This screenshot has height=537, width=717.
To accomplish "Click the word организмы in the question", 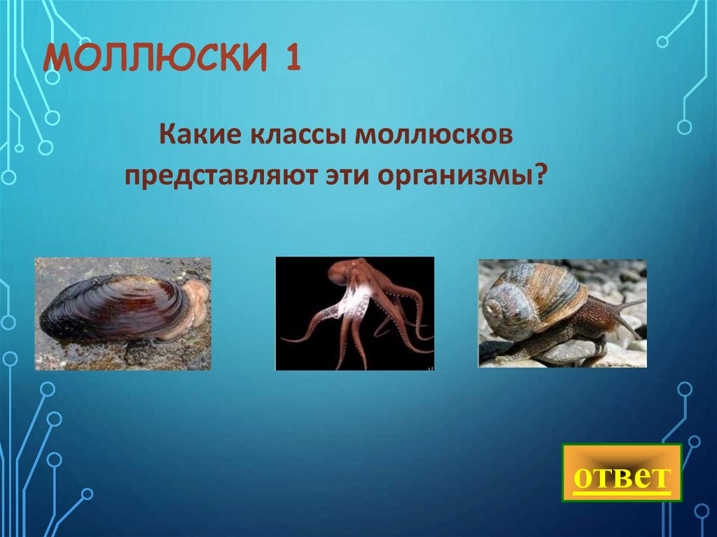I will [x=457, y=174].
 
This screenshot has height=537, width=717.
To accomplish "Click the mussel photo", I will [x=123, y=313].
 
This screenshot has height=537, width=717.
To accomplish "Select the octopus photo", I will [x=354, y=313].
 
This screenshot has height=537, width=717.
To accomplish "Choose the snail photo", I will [x=562, y=313].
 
